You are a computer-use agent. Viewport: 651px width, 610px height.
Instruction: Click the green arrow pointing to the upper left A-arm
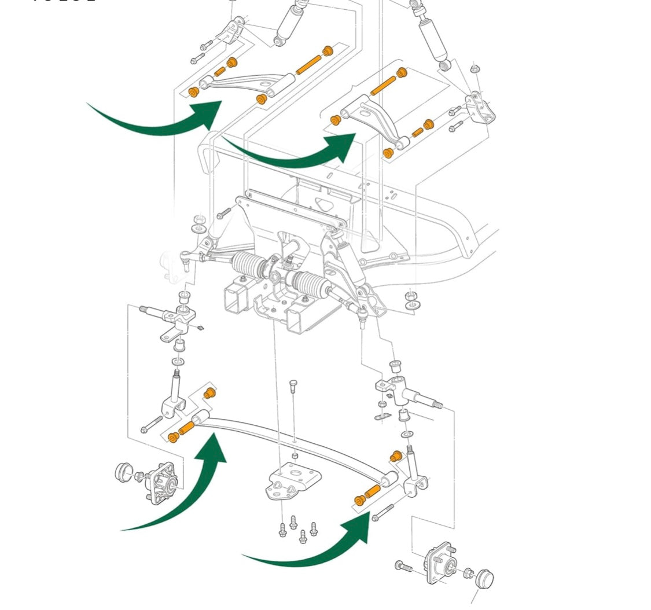(x=168, y=122)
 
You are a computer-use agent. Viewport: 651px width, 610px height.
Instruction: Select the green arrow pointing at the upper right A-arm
(x=301, y=153)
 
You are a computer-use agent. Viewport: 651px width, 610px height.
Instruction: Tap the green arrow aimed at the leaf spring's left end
(x=191, y=492)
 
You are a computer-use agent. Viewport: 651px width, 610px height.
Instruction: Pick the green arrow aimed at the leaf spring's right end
(x=324, y=547)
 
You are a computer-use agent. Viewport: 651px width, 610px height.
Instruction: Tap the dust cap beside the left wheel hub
(x=123, y=472)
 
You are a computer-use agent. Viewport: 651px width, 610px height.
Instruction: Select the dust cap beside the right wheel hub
(x=485, y=578)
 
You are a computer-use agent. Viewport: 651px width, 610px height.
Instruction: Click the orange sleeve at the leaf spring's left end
(x=187, y=429)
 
